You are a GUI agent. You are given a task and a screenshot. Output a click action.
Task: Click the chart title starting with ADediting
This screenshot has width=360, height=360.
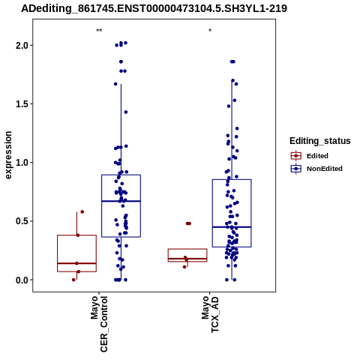click(x=154, y=9)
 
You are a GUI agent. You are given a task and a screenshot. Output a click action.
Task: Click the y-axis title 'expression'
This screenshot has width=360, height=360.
click(x=8, y=155)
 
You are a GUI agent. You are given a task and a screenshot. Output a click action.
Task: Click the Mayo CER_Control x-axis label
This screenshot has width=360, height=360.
click(x=99, y=324)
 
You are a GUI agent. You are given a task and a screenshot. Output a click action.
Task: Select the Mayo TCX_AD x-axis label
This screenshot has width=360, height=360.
click(x=210, y=314)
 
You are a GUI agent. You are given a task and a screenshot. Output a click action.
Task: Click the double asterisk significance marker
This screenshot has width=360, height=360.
click(x=99, y=31)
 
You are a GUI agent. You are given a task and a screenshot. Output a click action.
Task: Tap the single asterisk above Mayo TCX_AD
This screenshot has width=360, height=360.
click(x=210, y=31)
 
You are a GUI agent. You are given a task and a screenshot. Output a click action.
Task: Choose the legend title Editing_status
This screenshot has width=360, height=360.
click(x=320, y=141)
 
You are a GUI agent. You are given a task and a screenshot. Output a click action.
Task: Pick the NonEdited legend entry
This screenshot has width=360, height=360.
click(x=316, y=169)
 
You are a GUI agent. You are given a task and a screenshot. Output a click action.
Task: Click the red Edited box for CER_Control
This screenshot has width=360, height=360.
click(x=77, y=235)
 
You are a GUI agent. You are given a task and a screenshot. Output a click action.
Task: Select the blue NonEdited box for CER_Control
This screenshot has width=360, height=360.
click(x=121, y=175)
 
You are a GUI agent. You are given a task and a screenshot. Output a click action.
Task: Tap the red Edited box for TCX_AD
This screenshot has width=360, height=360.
click(x=187, y=249)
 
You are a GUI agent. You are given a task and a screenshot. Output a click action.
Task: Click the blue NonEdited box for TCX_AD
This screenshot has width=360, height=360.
click(x=232, y=179)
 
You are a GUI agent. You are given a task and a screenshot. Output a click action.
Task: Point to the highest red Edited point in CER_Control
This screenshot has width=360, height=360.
click(x=82, y=211)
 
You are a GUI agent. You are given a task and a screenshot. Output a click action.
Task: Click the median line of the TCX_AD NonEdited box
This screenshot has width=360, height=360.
click(x=232, y=227)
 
